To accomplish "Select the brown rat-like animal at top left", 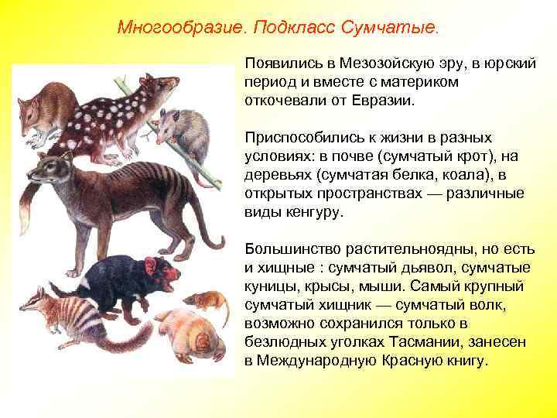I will [x=46, y=108].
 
